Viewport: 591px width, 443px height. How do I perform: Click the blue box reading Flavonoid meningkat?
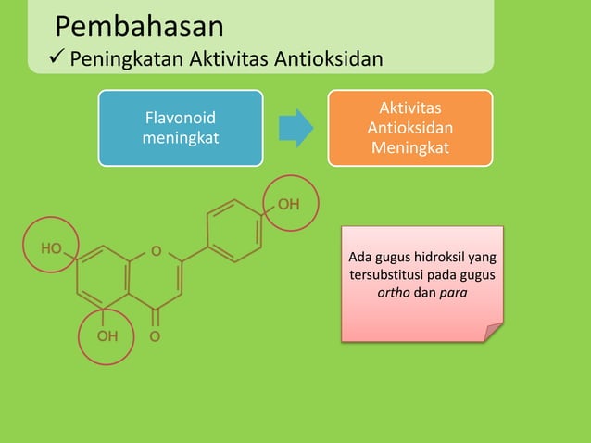tap(181, 128)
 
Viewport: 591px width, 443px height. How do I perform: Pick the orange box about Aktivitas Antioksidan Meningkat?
tap(409, 128)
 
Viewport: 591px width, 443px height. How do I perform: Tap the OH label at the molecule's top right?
tap(288, 204)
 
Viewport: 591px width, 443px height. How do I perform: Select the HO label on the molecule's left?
tap(51, 249)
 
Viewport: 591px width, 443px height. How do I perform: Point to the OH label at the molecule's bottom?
tap(107, 335)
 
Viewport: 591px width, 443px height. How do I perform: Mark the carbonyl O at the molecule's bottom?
tap(155, 335)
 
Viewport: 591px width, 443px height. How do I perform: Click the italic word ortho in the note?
tap(396, 294)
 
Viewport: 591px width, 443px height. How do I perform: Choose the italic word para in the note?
tap(453, 294)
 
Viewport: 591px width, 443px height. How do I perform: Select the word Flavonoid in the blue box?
tap(181, 120)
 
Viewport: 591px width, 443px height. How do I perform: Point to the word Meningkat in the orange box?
tap(409, 146)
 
